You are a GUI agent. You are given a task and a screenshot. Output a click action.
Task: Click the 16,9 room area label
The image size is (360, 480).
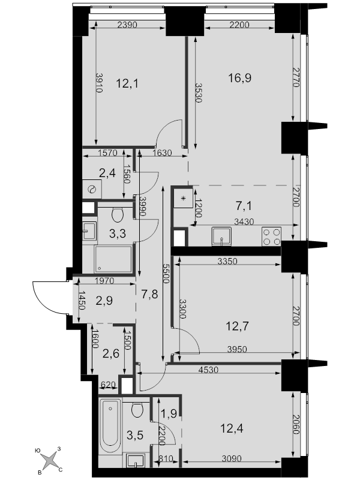[239, 78]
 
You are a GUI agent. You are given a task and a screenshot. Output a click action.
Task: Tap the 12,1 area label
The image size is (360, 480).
[127, 83]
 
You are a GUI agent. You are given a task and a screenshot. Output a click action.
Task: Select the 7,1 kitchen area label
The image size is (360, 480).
[244, 206]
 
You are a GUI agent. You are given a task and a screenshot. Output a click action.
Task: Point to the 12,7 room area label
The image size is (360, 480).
[237, 326]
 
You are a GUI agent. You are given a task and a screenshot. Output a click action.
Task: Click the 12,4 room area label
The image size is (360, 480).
[232, 428]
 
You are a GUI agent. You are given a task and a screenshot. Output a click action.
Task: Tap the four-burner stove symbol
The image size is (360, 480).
[272, 236]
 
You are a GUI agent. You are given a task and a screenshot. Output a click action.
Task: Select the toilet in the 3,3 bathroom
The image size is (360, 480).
[117, 215]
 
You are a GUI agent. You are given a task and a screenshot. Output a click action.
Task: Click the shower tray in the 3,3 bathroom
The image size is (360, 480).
[113, 259]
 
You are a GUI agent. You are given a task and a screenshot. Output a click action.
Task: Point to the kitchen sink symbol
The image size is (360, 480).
[221, 236]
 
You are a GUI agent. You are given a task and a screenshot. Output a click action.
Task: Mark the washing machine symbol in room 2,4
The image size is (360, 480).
[92, 190]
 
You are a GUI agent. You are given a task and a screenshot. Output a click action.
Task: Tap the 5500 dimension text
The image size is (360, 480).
[166, 274]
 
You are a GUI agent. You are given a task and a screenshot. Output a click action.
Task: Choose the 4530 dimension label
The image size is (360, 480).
[208, 370]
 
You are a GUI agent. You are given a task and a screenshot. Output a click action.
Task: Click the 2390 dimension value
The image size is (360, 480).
[127, 25]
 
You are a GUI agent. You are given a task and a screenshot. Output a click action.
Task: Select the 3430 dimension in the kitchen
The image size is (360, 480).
[244, 221]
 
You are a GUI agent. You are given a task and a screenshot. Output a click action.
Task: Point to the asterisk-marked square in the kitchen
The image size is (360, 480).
[184, 199]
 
